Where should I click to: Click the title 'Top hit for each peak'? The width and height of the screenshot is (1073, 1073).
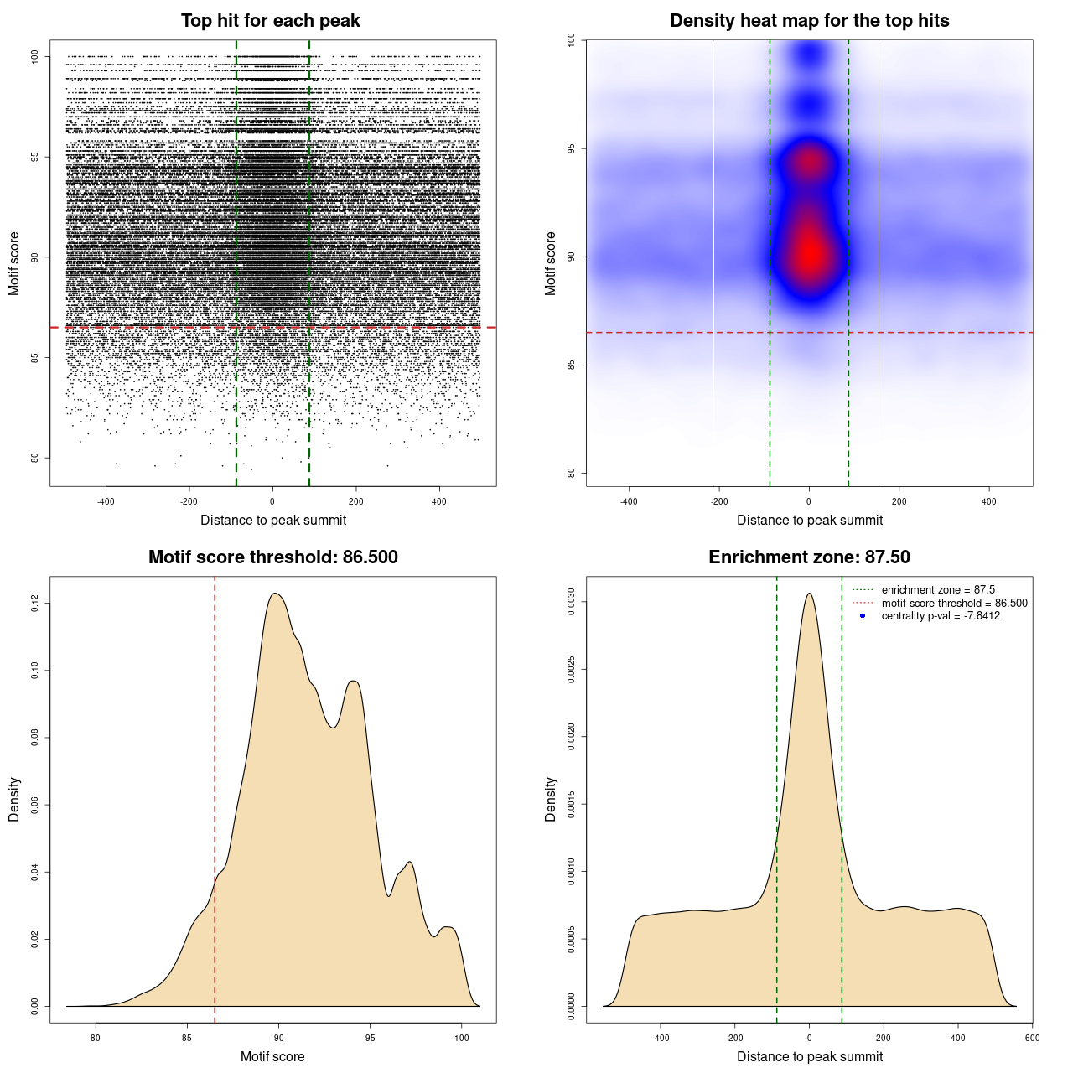coord(270,21)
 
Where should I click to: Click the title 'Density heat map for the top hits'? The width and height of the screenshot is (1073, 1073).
coord(809,21)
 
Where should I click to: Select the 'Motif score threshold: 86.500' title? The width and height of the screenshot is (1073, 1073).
coord(272,557)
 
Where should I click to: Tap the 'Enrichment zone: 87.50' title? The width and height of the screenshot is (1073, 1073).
coord(809,557)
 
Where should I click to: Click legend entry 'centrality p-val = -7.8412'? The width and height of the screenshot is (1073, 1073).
coord(941,616)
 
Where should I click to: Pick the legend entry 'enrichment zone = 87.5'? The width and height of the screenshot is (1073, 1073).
coord(938,590)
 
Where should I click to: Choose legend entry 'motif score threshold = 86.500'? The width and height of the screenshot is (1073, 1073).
coord(954,604)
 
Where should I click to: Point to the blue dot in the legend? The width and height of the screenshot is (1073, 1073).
coord(863,616)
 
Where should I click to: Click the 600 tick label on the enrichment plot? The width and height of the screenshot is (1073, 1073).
coord(1032,1038)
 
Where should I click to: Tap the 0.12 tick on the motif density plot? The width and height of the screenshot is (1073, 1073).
coord(34,603)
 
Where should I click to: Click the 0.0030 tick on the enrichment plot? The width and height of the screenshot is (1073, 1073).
coord(571,602)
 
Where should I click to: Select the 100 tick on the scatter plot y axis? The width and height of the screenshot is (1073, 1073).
coord(34,56)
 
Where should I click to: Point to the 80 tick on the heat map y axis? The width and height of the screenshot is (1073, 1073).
coord(571,473)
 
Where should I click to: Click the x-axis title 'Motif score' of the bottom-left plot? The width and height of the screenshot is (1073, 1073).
coord(272,1056)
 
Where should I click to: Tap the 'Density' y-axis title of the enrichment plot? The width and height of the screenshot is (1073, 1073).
coord(551,799)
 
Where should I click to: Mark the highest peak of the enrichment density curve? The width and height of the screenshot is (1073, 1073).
coord(809,594)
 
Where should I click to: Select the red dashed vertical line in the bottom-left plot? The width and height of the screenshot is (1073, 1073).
coord(215,796)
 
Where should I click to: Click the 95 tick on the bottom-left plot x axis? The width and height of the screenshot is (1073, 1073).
coord(371,1038)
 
